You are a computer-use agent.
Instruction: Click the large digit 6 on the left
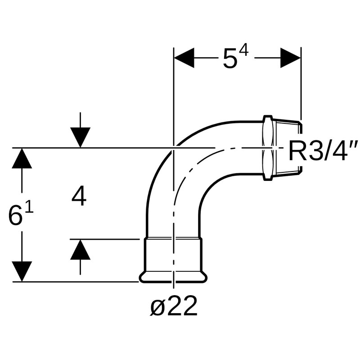pos(15,217)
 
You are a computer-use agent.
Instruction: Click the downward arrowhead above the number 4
pos(80,137)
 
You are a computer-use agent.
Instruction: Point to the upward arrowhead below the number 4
pos(80,250)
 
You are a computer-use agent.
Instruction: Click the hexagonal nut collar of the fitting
pos(267,148)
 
